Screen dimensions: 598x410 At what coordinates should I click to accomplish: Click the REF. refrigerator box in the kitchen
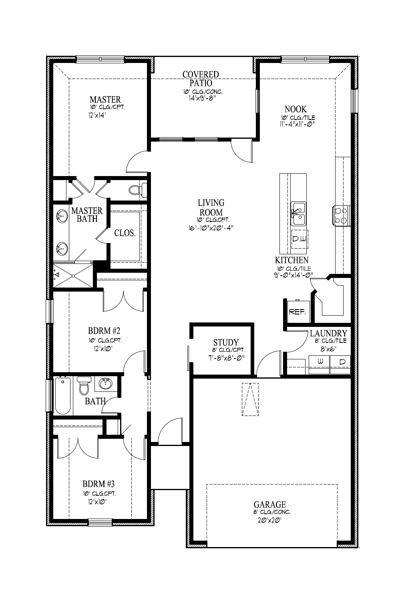point(297,311)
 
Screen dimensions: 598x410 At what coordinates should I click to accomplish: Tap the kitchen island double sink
point(298,213)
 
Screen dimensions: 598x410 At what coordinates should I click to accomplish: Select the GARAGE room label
point(270,505)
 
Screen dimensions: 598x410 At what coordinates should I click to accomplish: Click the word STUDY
point(226,343)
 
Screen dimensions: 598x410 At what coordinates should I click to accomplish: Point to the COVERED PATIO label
point(201,79)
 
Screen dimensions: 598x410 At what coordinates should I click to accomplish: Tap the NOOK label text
point(295,109)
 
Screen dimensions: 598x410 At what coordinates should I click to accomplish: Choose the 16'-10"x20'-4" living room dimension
point(211,228)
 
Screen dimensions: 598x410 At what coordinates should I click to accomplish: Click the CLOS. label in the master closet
point(125,233)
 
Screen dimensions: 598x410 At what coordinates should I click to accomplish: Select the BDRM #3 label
point(98,483)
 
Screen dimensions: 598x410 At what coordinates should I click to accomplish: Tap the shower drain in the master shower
point(74,276)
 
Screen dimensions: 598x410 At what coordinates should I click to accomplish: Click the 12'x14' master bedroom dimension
point(97,115)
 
